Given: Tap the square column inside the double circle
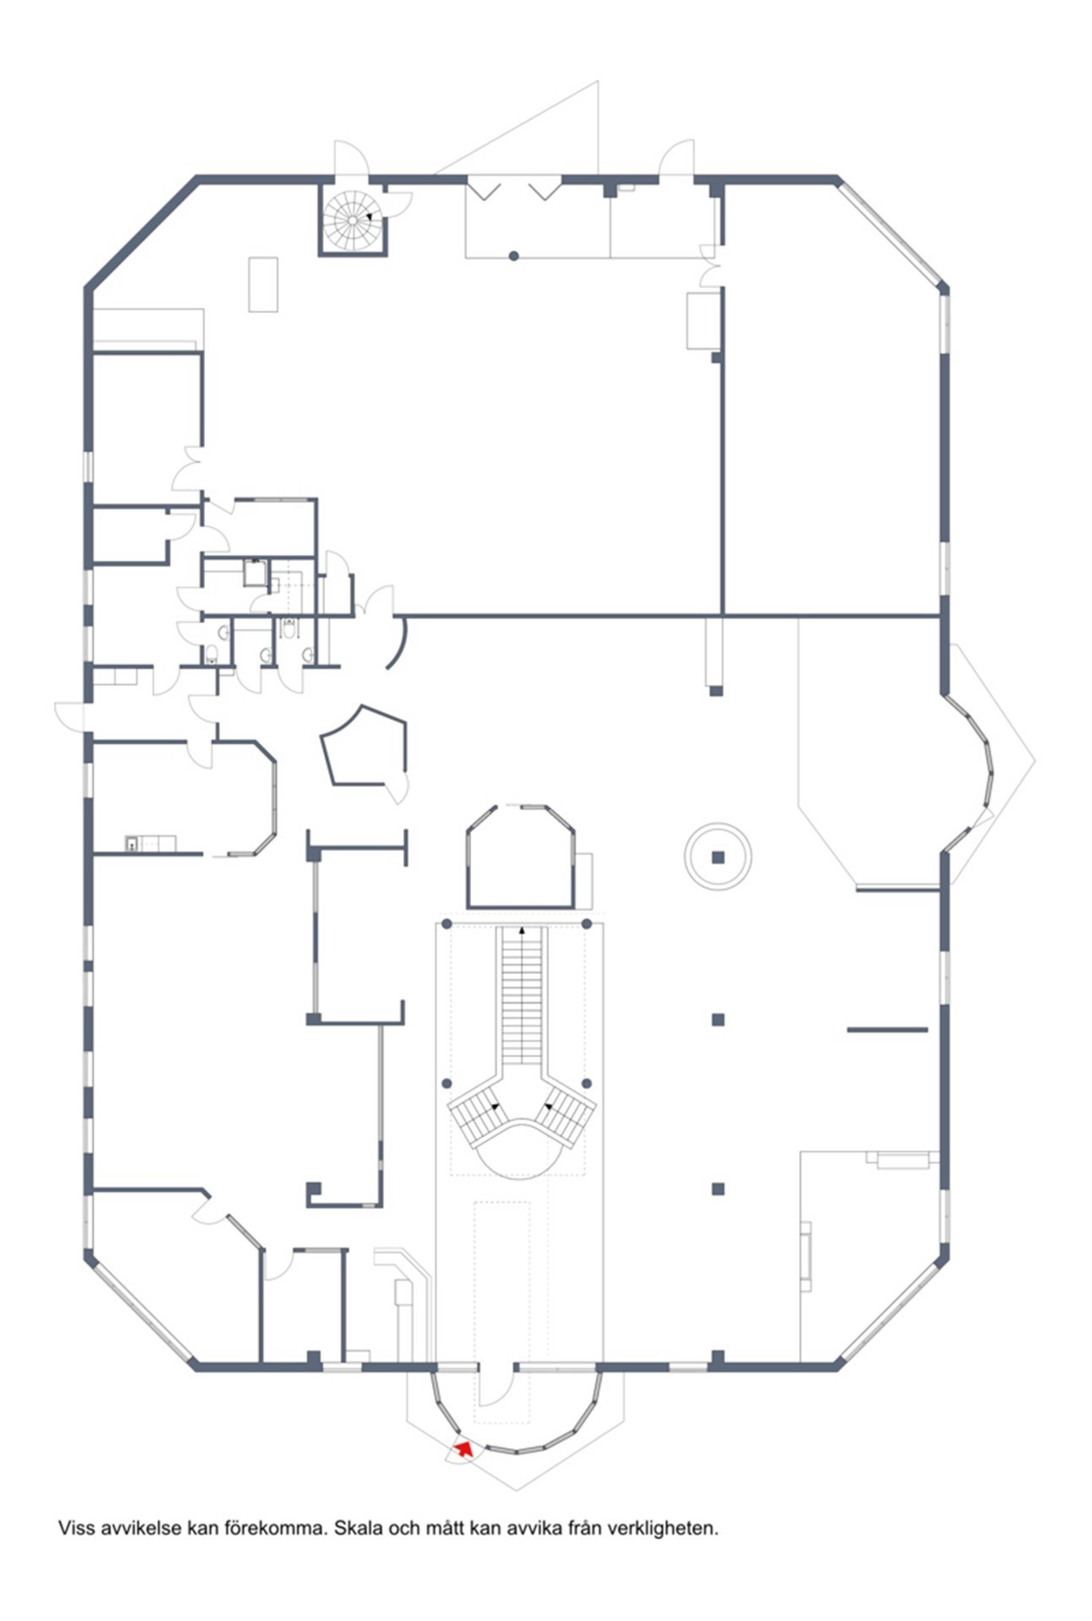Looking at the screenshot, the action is point(718,857).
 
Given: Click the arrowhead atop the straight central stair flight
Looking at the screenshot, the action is point(522,930).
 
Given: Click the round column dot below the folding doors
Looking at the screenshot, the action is point(514,256).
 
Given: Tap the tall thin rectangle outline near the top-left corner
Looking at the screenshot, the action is point(263,284).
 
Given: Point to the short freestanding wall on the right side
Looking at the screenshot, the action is point(887,1029).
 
